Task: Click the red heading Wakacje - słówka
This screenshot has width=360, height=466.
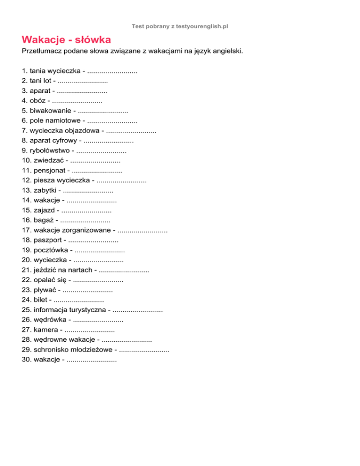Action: (66, 39)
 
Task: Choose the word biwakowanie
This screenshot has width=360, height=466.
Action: (51, 111)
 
